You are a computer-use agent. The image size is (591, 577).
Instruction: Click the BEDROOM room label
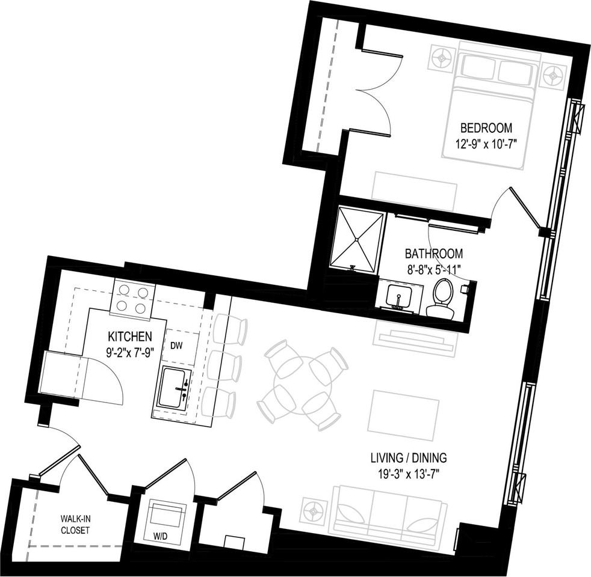[486, 127]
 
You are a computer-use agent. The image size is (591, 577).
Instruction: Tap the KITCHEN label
[129, 336]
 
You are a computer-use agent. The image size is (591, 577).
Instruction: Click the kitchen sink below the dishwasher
[175, 389]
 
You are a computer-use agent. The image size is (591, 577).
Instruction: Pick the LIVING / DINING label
[408, 457]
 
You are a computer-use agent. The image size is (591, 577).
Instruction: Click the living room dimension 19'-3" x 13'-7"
[409, 473]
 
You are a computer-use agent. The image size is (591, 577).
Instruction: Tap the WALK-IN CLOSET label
[75, 524]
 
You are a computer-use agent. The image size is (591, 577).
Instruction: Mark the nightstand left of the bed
[444, 58]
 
